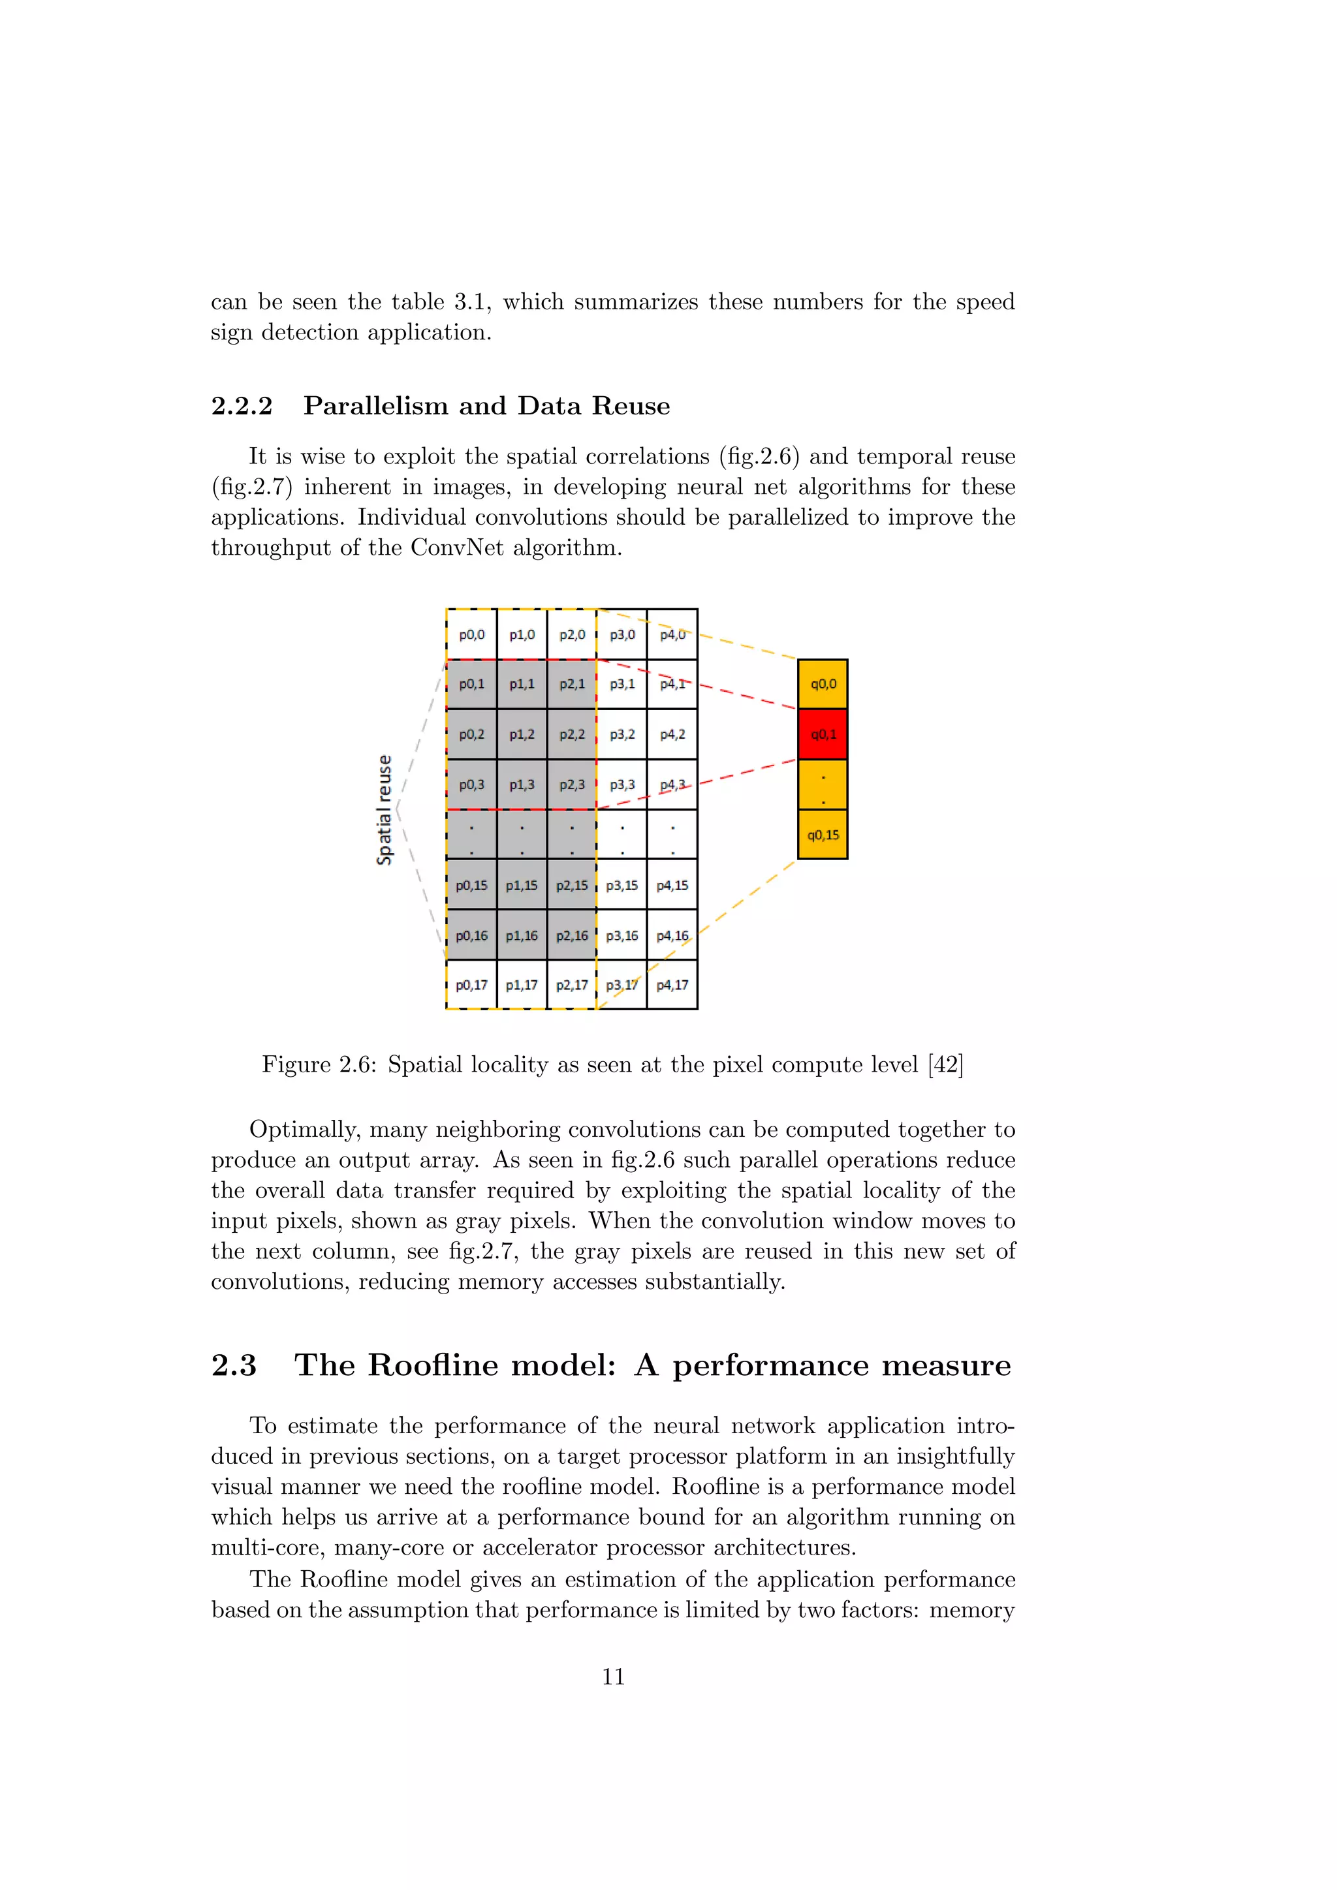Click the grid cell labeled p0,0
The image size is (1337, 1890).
472,634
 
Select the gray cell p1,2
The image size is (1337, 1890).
522,734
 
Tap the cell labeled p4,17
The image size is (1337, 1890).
672,985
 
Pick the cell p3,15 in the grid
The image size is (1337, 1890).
622,886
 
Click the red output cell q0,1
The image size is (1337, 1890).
823,734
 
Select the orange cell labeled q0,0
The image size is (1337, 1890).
823,684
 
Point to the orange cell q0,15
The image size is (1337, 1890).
823,835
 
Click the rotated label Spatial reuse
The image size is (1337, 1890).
384,810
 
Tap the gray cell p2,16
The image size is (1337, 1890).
572,936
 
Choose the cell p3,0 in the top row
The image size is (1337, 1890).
622,634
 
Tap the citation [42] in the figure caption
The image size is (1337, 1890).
946,1064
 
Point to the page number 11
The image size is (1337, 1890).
614,1677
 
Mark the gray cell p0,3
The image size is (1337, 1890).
472,784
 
